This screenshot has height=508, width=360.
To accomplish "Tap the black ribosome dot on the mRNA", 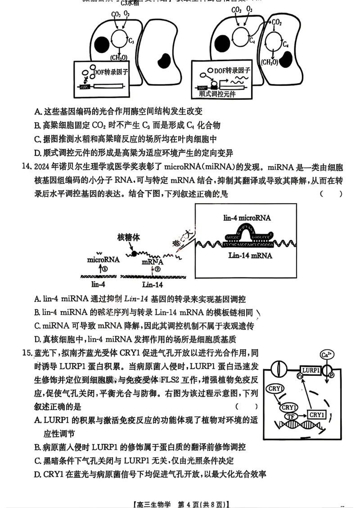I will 133,254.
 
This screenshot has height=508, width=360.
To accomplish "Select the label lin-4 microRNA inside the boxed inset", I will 247,218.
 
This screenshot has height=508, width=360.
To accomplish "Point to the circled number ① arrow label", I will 105,268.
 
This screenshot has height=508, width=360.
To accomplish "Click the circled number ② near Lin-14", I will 157,269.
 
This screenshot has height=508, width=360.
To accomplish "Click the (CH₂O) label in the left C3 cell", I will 118,57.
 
